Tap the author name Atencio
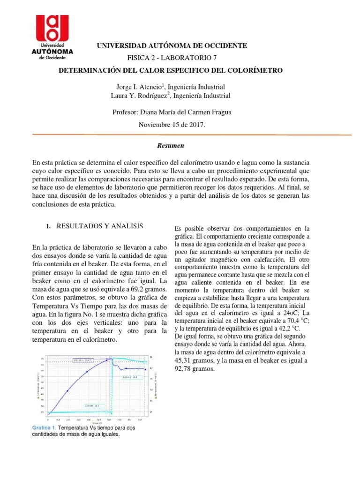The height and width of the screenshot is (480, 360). click(x=149, y=87)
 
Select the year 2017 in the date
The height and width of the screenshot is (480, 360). click(x=195, y=125)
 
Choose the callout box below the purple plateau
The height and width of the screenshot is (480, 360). click(x=130, y=376)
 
